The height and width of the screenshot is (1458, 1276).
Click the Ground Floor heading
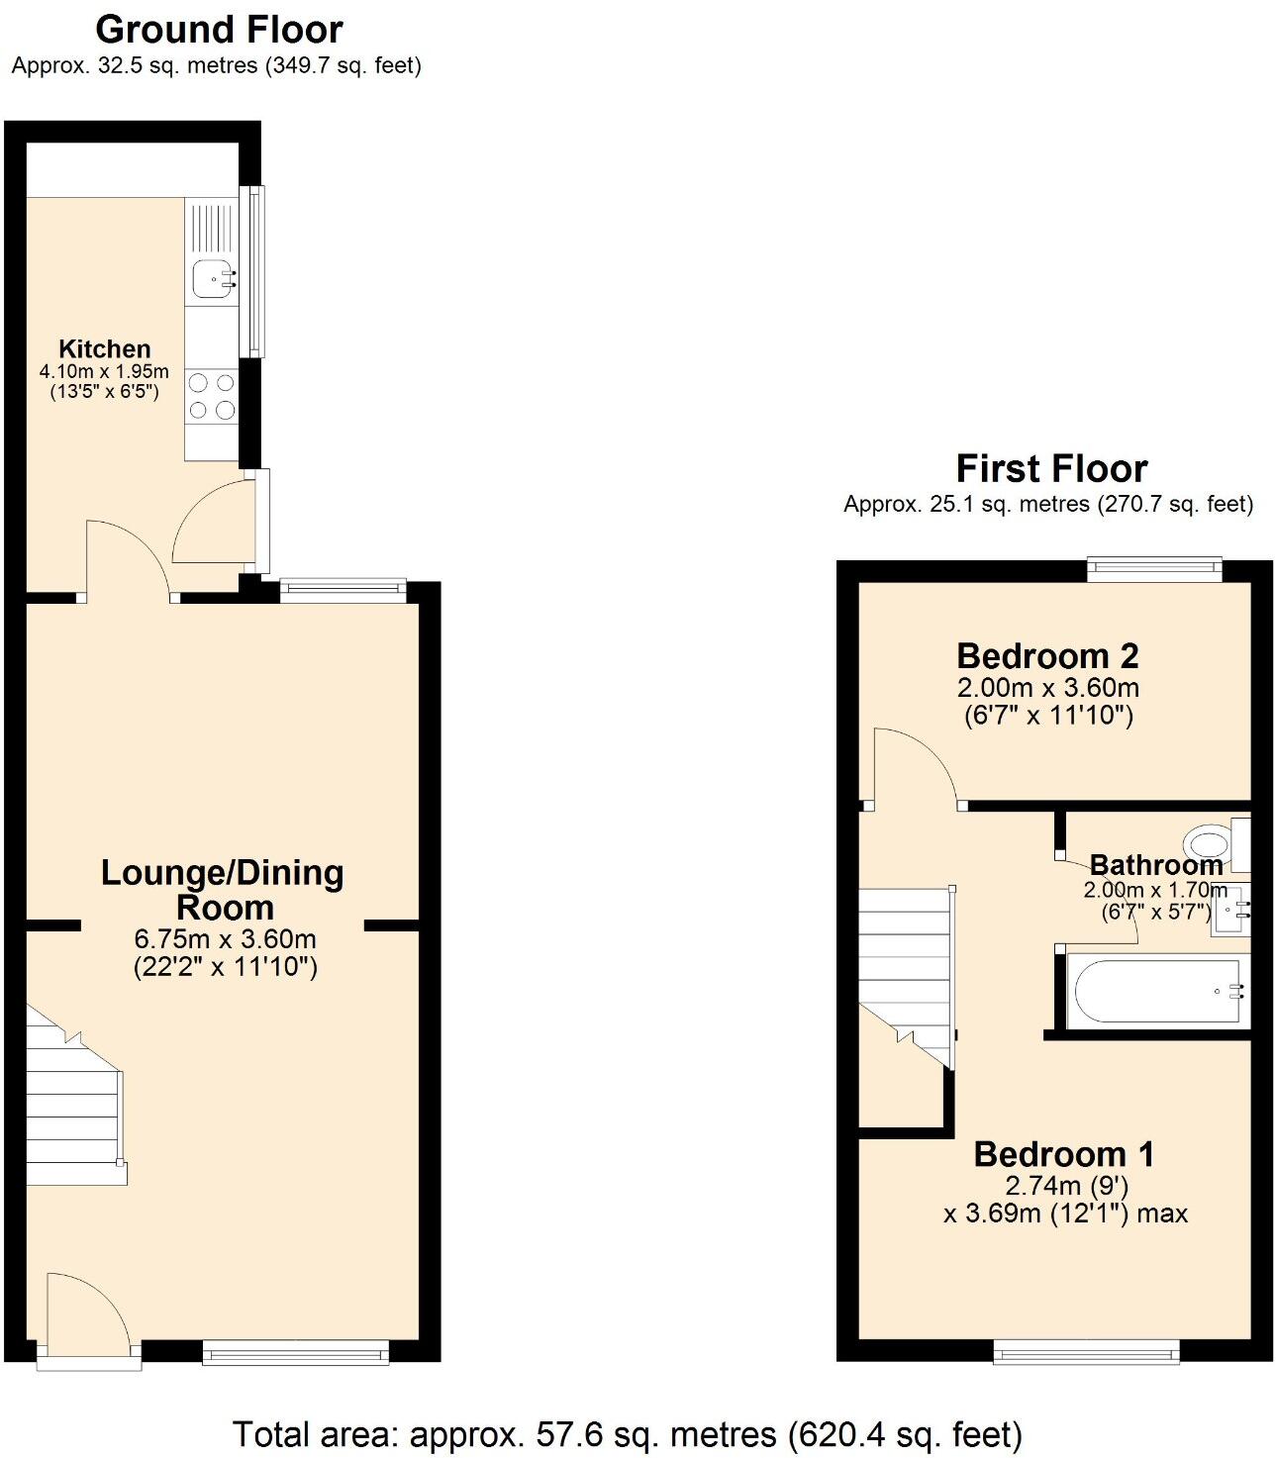219,30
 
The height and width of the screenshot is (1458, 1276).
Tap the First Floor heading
1051,467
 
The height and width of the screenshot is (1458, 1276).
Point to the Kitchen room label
105,348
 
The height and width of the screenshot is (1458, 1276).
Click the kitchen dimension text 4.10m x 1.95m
104,372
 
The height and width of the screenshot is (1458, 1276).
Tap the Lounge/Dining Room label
223,889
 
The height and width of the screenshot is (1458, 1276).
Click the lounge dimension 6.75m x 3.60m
225,939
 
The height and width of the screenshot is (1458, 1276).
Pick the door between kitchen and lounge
127,560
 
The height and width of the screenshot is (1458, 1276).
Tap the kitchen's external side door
218,525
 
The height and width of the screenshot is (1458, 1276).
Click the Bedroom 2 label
1047,655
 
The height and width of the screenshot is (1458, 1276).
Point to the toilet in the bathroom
1214,844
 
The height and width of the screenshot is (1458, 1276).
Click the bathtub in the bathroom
1153,991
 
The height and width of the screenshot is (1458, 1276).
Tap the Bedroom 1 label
1064,1154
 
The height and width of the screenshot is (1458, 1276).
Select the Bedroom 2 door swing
911,767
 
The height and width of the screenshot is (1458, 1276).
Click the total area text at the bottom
627,1433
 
